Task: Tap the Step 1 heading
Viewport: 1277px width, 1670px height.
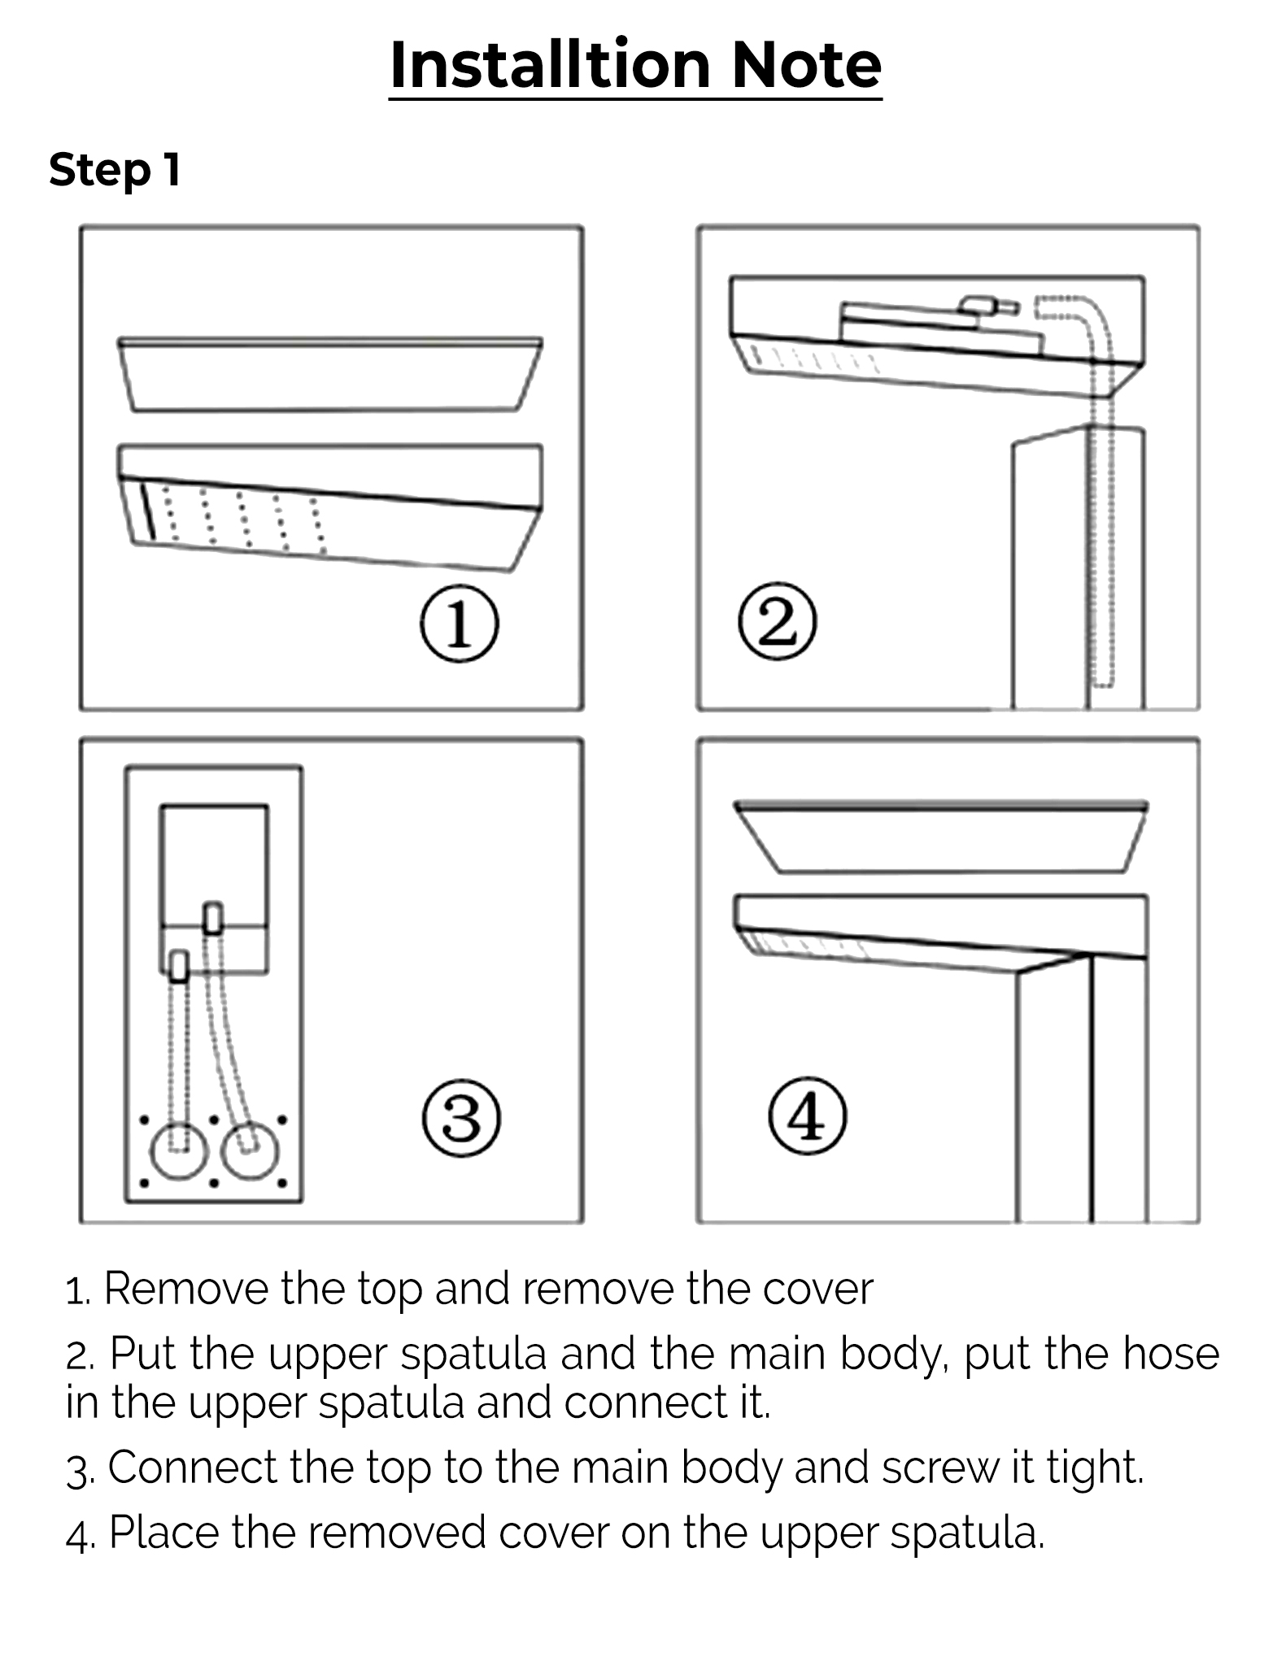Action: tap(115, 170)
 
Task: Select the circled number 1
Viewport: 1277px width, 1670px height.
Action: tap(459, 624)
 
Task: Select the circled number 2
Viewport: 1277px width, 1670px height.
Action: tap(777, 623)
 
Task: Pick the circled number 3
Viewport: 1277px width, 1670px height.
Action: tap(461, 1119)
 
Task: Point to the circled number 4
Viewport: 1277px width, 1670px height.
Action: tap(807, 1116)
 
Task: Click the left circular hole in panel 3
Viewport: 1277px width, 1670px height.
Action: tap(179, 1150)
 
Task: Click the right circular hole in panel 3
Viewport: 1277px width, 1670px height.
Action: tap(250, 1150)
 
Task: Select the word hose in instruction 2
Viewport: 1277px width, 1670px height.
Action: tap(1171, 1354)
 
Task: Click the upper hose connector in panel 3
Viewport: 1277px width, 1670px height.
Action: tap(212, 918)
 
